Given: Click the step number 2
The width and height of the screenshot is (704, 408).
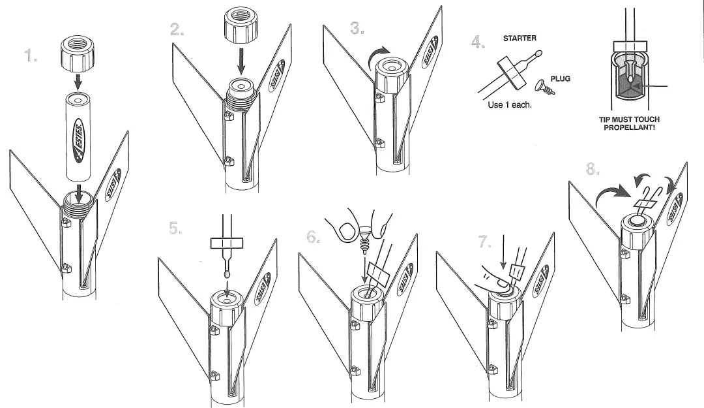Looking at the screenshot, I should pos(176,29).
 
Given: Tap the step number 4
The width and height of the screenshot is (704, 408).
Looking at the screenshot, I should pos(479,42).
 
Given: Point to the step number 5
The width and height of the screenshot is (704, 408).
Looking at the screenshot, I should pos(175,228).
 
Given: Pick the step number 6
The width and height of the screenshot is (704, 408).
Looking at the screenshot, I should pos(313,237).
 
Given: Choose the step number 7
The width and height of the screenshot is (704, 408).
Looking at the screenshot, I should pos(485,242).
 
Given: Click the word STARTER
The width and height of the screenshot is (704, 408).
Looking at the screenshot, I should pos(520,39).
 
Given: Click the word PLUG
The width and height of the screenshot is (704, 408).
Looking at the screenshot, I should pos(560,78).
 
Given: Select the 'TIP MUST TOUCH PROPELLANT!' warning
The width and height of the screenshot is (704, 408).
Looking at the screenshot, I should pos(629,123).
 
